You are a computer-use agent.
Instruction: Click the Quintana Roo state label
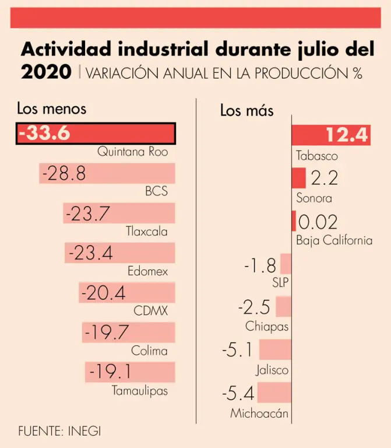point(132,152)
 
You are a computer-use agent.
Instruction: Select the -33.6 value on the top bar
point(44,133)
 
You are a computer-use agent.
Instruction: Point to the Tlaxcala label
point(147,232)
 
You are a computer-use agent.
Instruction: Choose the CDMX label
point(150,311)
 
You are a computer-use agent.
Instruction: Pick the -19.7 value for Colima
point(107,332)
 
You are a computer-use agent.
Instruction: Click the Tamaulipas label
point(140,391)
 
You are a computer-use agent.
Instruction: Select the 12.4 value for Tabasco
point(347,135)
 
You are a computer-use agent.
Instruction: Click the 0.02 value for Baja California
point(318,222)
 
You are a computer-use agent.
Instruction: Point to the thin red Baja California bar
point(294,221)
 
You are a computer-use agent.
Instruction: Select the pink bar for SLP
point(286,264)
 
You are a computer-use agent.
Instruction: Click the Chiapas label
point(267,327)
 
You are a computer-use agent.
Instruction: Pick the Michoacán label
point(259,414)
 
